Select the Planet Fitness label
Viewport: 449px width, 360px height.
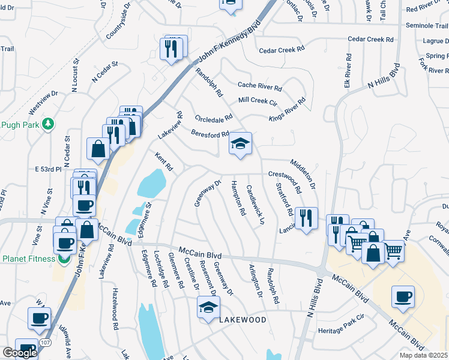click(28, 259)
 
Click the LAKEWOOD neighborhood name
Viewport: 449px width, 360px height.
click(243, 320)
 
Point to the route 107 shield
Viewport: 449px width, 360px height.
click(45, 343)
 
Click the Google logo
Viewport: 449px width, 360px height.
click(20, 353)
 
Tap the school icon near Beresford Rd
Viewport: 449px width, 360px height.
click(240, 144)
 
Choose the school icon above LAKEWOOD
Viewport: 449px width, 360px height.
click(208, 308)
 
